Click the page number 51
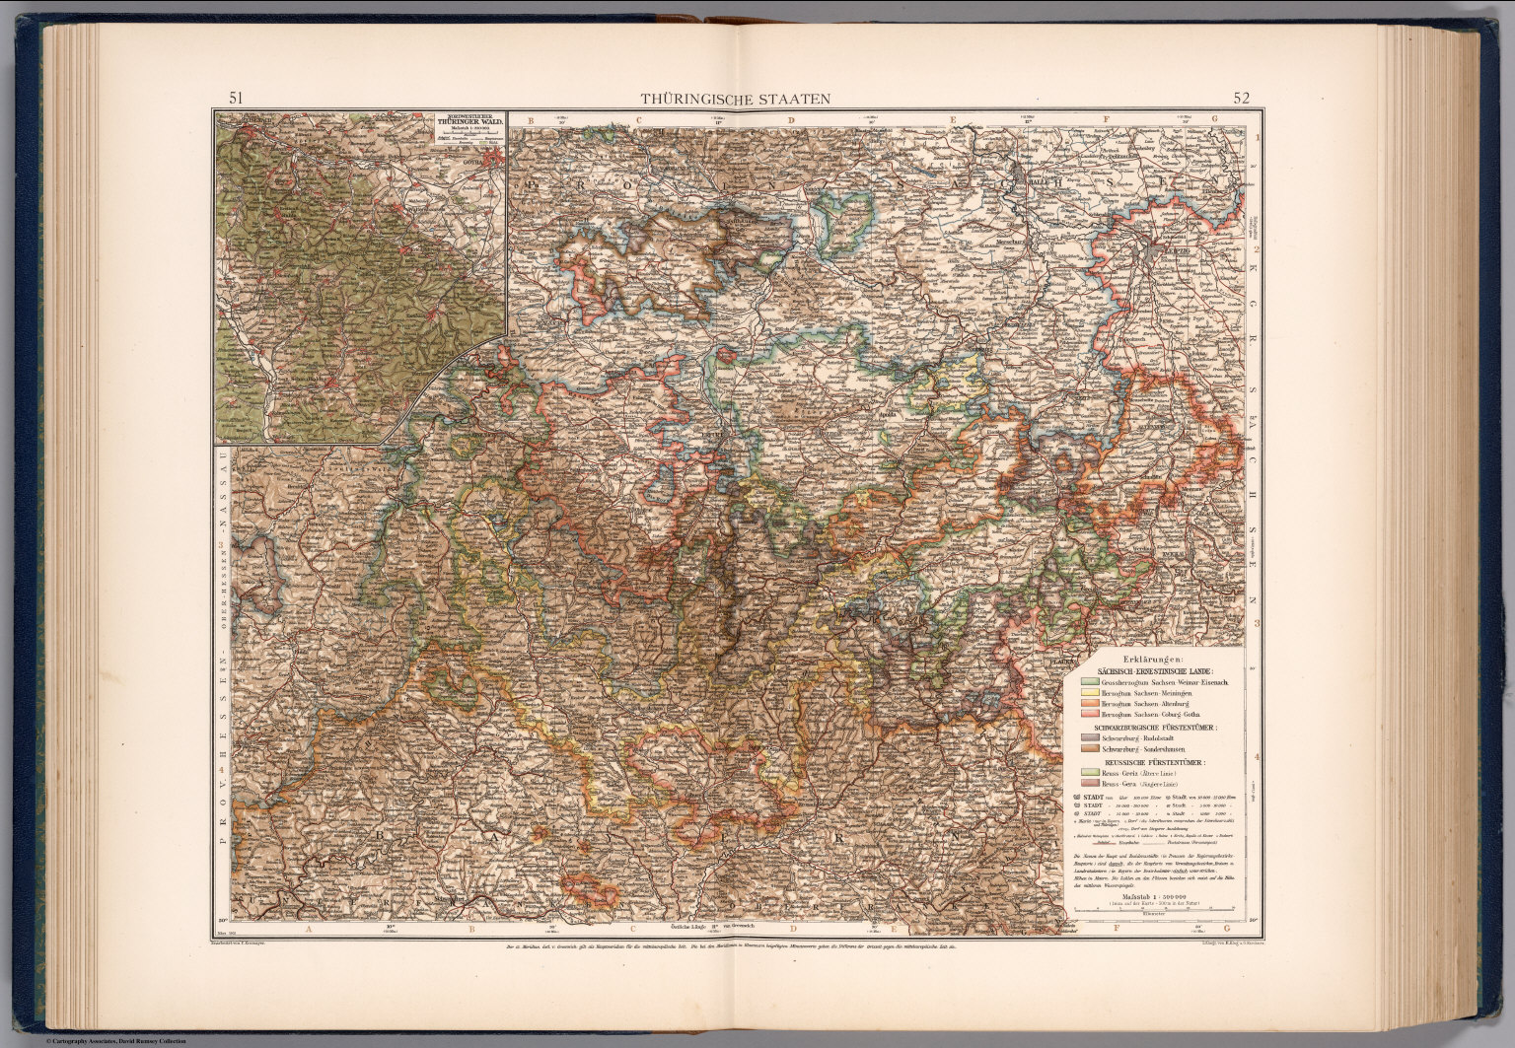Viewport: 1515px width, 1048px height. tap(237, 98)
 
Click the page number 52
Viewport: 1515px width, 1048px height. tap(1241, 98)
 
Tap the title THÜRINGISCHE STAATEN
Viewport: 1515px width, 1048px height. tap(736, 99)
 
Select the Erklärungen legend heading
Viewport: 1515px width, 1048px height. tap(1150, 660)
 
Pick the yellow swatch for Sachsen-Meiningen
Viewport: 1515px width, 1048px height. tap(1089, 694)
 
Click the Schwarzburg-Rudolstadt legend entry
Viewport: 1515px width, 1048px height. tap(1144, 738)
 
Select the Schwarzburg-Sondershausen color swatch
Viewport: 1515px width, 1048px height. tap(1089, 750)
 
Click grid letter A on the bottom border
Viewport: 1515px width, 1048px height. tap(308, 928)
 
